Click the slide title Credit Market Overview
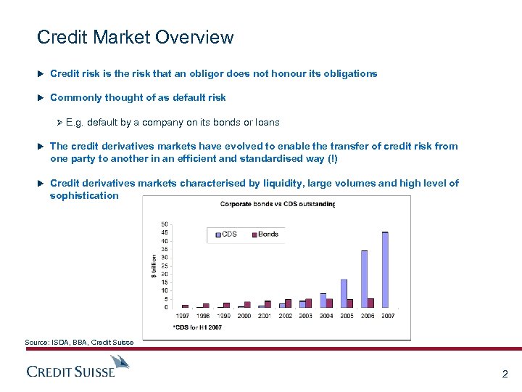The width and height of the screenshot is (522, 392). click(x=135, y=37)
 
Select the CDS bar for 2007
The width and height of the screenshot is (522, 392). click(x=385, y=269)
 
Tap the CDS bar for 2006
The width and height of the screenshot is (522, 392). click(x=364, y=279)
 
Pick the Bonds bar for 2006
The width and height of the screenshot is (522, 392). click(x=371, y=303)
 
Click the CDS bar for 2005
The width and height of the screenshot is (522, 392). click(x=344, y=293)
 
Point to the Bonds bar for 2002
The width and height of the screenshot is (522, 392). click(x=289, y=303)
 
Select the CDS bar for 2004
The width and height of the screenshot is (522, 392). click(x=323, y=300)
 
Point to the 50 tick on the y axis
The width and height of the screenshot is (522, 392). click(x=165, y=224)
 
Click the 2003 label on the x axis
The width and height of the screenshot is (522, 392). click(x=305, y=316)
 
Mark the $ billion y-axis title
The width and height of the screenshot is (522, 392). click(x=153, y=265)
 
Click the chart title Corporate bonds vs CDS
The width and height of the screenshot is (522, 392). click(x=277, y=204)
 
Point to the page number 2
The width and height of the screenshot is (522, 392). click(x=505, y=375)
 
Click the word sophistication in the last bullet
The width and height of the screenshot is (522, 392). click(x=84, y=195)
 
